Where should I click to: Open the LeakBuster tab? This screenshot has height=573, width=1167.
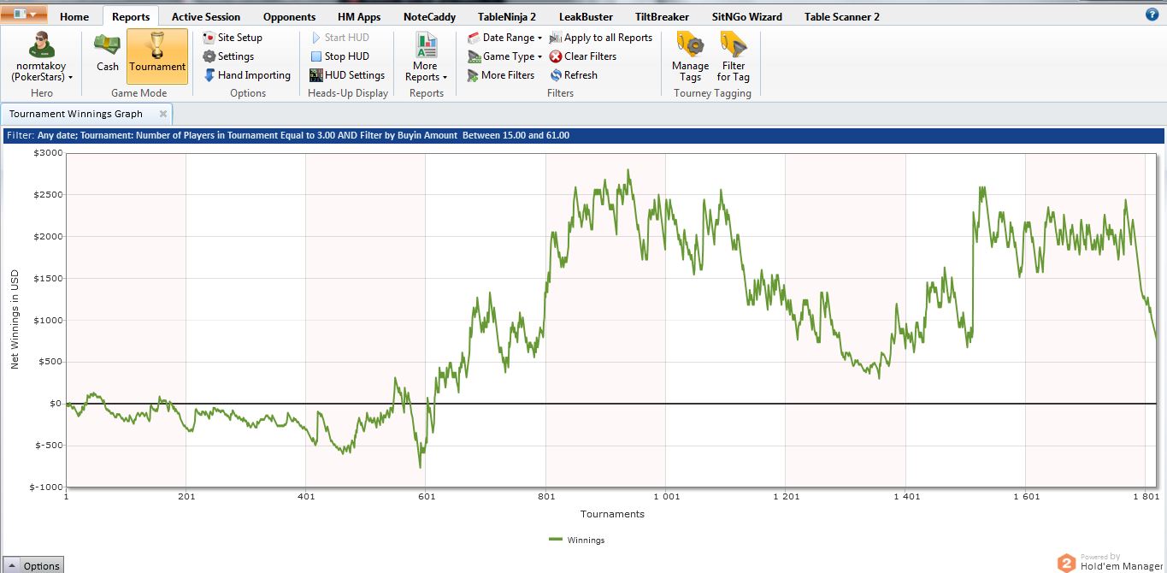585,16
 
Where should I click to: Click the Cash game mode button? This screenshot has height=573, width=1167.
108,55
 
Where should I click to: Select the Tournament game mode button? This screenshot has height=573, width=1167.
157,55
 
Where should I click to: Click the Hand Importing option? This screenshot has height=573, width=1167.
247,75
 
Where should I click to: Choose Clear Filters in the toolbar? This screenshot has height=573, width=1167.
582,56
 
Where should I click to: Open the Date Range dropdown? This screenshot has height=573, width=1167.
505,38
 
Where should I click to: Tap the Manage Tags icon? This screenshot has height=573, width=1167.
690,55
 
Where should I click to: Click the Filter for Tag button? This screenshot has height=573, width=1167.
734,55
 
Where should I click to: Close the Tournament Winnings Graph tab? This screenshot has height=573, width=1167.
163,114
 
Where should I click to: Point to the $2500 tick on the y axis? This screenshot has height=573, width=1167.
48,195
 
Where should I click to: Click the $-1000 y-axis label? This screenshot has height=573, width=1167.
46,487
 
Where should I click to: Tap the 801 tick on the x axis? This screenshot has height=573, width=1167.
545,496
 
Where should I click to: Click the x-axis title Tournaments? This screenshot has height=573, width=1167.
612,514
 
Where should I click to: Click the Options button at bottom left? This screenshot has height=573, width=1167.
33,565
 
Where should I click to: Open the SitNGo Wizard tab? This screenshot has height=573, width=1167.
747,16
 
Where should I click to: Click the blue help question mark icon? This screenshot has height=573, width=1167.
1152,15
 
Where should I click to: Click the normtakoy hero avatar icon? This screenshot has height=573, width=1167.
41,44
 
